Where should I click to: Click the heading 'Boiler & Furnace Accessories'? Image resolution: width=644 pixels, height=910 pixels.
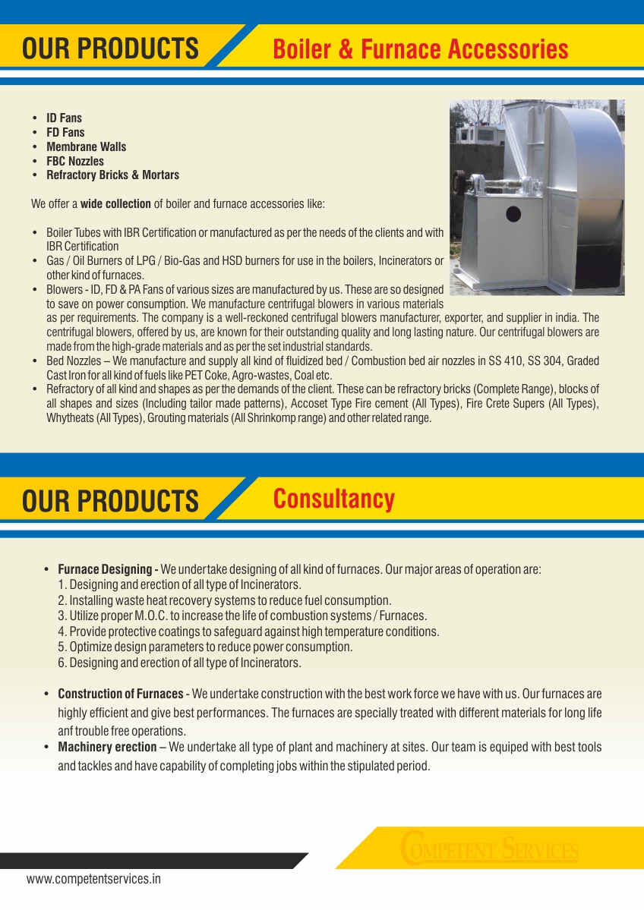420,50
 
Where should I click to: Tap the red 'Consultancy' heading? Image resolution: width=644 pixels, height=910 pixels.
333,499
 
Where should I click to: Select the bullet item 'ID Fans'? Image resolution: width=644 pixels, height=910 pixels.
64,118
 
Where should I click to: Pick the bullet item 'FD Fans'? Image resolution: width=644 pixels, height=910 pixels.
65,133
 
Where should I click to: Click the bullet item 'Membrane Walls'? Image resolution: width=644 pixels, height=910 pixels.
86,147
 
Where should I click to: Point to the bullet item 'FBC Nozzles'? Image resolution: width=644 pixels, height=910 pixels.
75,162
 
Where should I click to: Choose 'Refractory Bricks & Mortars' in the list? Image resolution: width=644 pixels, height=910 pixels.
112,175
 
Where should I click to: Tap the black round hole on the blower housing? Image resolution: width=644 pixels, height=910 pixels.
513,213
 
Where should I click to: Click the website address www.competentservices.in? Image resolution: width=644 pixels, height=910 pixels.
93,880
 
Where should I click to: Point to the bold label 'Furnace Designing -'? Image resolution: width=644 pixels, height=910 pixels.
108,569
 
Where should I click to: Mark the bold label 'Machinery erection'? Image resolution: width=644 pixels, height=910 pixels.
107,748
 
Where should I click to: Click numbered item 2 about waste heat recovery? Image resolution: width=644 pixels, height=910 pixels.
225,600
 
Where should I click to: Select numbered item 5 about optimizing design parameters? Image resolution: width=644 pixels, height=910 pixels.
205,647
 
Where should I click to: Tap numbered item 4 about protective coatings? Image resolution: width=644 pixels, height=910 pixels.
248,631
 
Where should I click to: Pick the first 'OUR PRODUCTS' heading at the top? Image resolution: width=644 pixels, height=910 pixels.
110,49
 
